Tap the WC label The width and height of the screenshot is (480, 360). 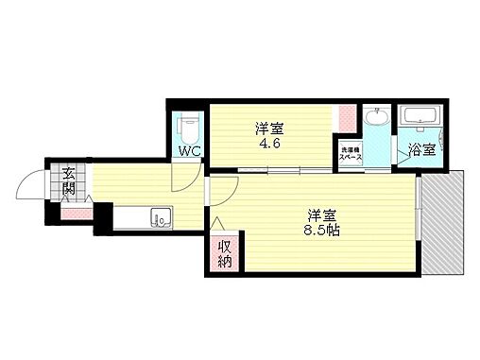click(x=188, y=149)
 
